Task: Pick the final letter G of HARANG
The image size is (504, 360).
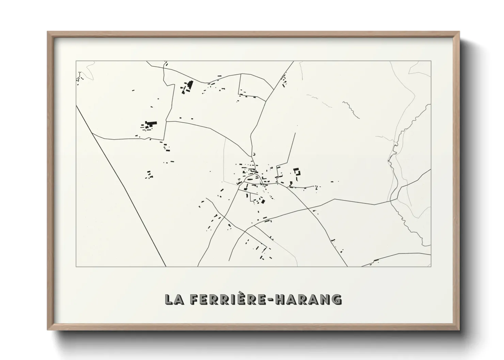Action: click(336, 299)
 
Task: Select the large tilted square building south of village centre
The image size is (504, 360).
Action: click(263, 201)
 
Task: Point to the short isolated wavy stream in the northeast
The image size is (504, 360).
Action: click(351, 109)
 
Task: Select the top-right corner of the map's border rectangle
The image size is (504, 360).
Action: click(431, 61)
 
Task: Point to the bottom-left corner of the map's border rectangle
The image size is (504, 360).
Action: click(76, 266)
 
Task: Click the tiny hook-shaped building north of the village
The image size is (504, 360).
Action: click(254, 154)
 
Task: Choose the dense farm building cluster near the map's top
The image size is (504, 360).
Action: click(187, 87)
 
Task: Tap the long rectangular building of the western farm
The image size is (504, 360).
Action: click(151, 122)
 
